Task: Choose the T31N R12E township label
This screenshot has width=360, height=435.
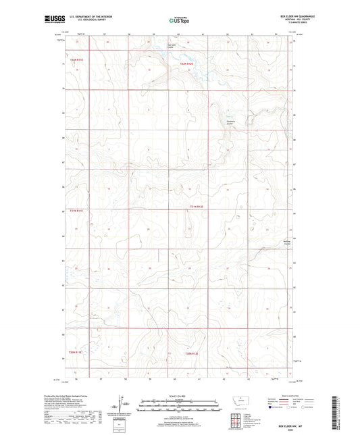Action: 196,206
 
